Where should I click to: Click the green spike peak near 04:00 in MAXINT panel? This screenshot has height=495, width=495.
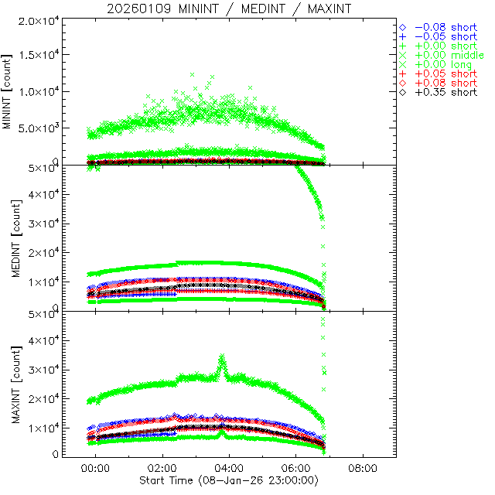(222, 356)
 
